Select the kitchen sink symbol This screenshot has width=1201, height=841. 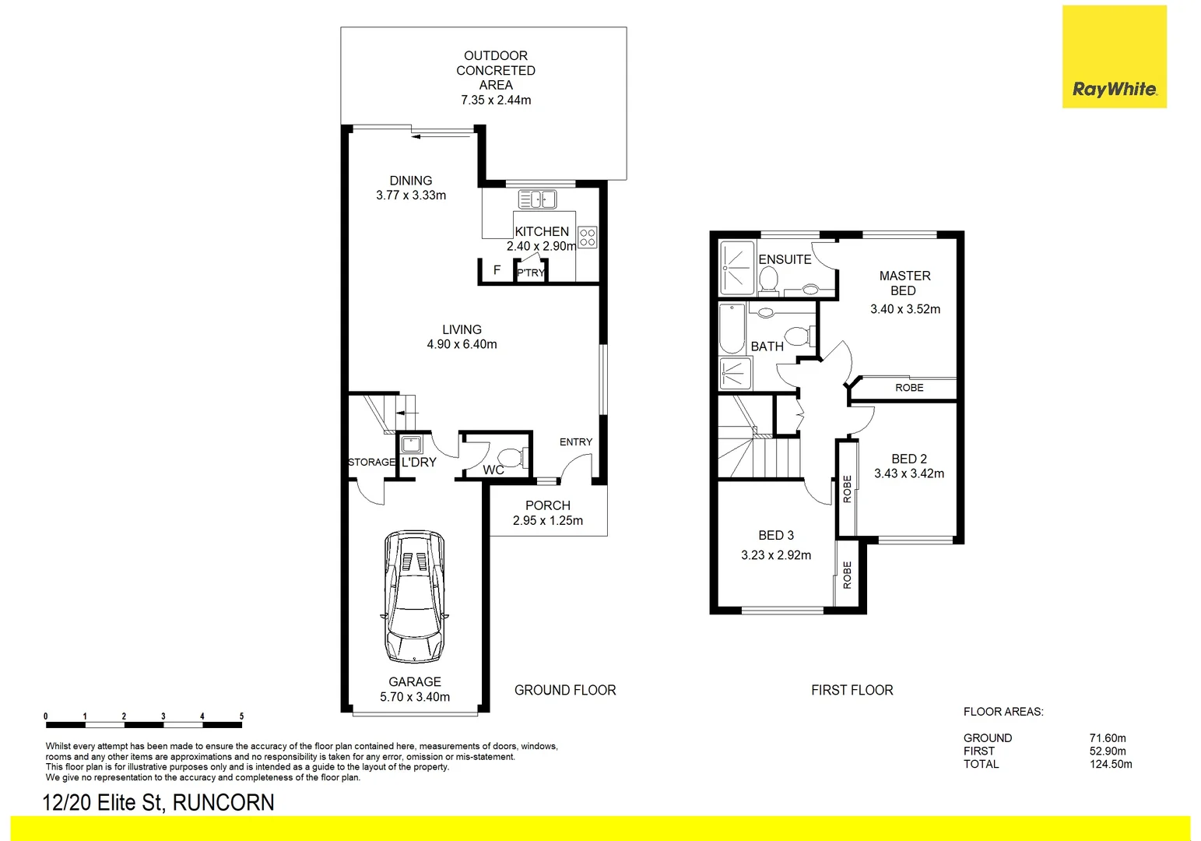pos(537,199)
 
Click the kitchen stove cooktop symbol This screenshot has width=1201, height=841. pos(588,237)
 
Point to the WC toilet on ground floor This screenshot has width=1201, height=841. pos(511,456)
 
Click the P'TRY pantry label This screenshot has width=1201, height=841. pos(531,273)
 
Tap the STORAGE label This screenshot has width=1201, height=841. pos(371,463)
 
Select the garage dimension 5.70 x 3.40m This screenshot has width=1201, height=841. pos(414,697)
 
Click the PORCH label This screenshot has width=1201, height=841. pos(547,505)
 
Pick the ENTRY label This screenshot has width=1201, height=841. pos(575,442)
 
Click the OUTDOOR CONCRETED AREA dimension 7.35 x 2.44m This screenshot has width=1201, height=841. pos(496,100)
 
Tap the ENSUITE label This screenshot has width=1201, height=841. pos(785,259)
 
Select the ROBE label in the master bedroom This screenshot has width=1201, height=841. pos(908,388)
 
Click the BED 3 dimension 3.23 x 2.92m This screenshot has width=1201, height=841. pos(775,555)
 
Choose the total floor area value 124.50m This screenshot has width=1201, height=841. pos(1110,764)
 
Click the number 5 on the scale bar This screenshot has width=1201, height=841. pos(241,716)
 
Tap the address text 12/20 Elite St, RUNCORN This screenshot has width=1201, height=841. pos(158,802)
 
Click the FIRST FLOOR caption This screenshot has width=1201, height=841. pos(852,690)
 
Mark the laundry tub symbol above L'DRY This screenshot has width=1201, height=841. pos(410,445)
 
